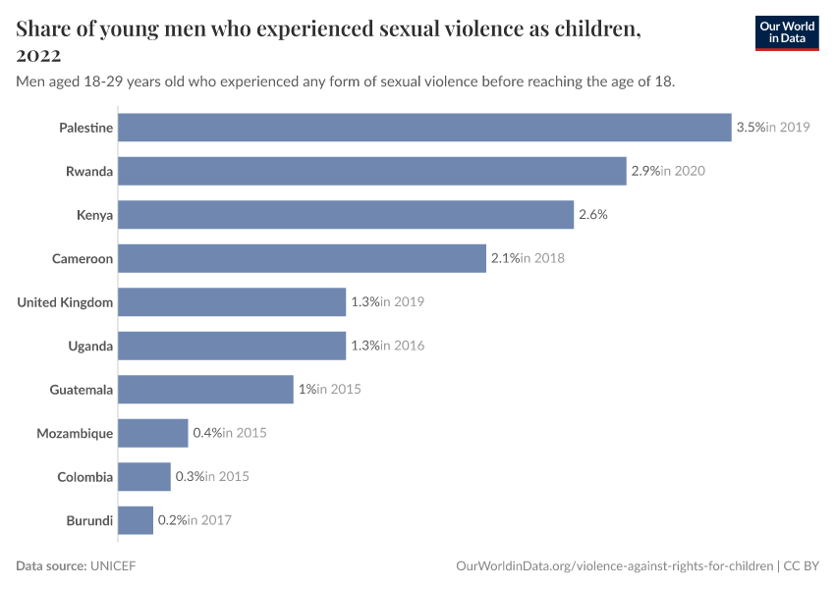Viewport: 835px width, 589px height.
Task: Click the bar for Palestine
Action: (x=424, y=128)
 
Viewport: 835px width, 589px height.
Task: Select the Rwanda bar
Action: (x=372, y=171)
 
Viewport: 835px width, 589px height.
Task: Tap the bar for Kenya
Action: (x=346, y=215)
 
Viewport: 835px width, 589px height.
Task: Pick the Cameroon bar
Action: (x=302, y=258)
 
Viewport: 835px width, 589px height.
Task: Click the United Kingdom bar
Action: (x=232, y=302)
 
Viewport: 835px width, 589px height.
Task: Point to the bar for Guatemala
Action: (x=205, y=390)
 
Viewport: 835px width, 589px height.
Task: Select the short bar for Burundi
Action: (x=136, y=520)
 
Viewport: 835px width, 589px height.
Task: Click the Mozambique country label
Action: (x=75, y=433)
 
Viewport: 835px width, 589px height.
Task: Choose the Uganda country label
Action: (x=90, y=346)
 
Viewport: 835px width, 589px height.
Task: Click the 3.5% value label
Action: (x=751, y=128)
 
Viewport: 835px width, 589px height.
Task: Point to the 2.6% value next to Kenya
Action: (x=592, y=215)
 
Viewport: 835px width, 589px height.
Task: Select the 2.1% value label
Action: (x=505, y=258)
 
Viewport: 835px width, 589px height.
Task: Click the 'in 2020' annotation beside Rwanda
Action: (x=683, y=171)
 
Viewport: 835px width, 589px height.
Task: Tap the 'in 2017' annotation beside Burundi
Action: (x=209, y=520)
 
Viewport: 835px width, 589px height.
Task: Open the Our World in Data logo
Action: (x=786, y=32)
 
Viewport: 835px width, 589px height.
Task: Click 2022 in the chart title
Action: (x=39, y=54)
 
